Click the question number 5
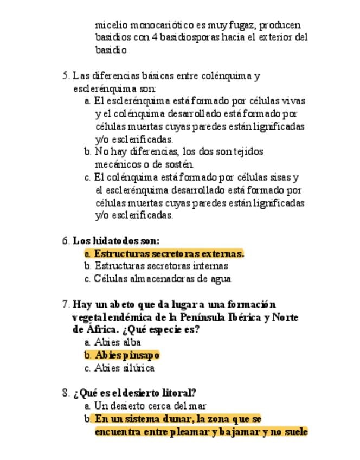[x=66, y=76]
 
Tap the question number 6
[x=66, y=241]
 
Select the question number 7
[x=66, y=304]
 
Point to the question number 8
[x=66, y=393]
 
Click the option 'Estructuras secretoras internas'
[x=161, y=266]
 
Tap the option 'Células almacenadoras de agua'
[x=163, y=279]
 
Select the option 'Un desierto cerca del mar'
[x=150, y=406]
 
